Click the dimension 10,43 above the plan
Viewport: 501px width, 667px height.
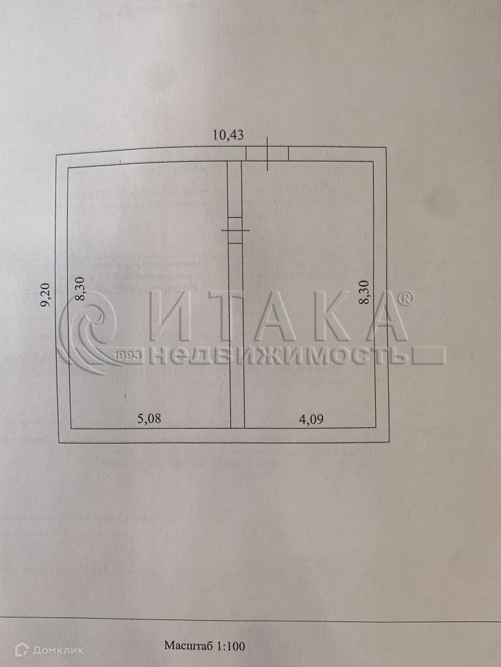point(228,135)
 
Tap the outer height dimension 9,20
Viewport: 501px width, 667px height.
point(46,294)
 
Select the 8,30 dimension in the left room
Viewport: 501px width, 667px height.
point(80,289)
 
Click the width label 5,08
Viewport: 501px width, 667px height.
point(149,419)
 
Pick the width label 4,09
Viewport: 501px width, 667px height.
point(311,419)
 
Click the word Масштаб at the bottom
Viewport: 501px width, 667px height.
point(189,646)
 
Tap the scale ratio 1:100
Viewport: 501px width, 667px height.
point(231,646)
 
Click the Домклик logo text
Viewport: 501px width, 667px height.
point(57,650)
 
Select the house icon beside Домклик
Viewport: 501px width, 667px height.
point(22,649)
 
